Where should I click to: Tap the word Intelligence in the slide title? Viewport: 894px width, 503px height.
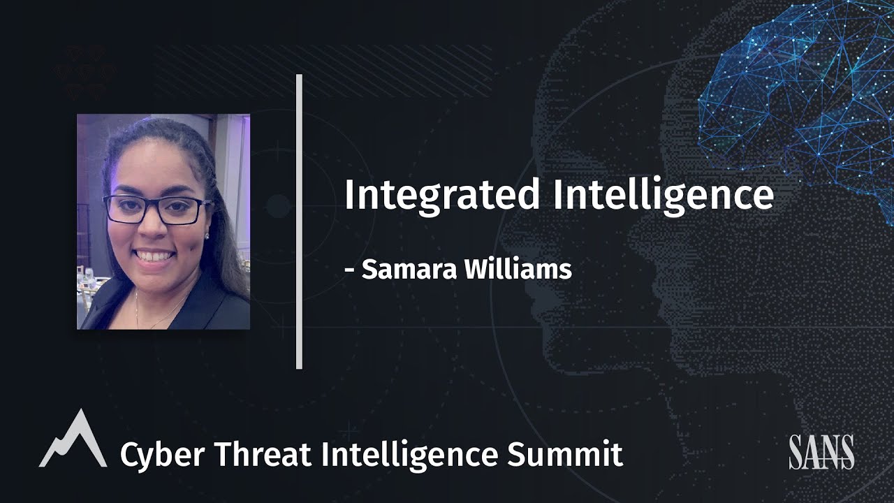664,196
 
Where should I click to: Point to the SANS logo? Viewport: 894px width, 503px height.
821,452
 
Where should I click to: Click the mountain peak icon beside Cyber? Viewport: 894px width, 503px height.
73,440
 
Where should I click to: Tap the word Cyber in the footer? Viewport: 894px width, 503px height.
162,454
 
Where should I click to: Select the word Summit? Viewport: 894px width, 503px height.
564,454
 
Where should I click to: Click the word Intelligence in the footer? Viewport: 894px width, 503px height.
410,454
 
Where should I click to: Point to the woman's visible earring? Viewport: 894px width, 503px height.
207,236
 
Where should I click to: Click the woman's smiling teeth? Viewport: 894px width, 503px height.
155,256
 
